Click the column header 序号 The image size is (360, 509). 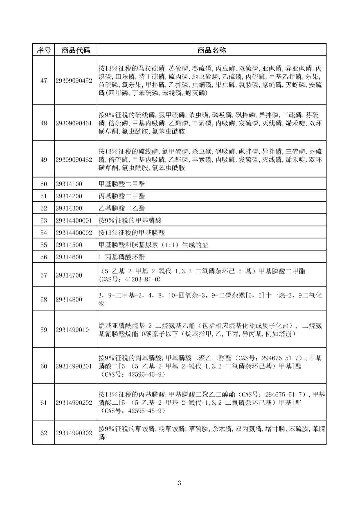coord(44,50)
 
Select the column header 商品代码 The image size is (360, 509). coord(76,50)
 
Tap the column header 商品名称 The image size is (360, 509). coord(211,50)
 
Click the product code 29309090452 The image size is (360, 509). coord(74,81)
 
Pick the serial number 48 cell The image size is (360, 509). coord(44,123)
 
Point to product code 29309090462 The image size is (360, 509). coord(74,160)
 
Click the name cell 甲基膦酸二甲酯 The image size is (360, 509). coord(122,184)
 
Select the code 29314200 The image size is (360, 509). coord(69,196)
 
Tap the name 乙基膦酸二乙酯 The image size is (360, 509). coord(122,208)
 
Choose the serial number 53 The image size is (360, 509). coord(44,221)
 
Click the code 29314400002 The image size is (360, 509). coord(74,233)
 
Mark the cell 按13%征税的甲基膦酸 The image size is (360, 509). coord(132,233)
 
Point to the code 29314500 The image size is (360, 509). coord(69,245)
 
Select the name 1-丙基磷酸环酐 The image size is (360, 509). coord(122,257)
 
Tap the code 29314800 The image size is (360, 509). coord(69,299)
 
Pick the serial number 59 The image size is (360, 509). coord(44,330)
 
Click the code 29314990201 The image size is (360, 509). coord(74,366)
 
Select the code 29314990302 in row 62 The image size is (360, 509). coord(74,433)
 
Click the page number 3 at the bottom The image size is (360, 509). coord(179,483)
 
